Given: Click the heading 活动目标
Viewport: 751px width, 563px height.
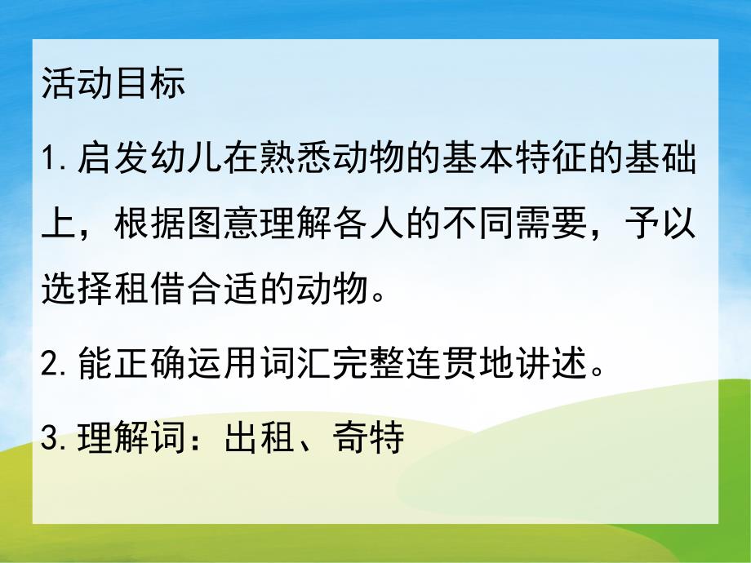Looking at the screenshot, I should tap(113, 85).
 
